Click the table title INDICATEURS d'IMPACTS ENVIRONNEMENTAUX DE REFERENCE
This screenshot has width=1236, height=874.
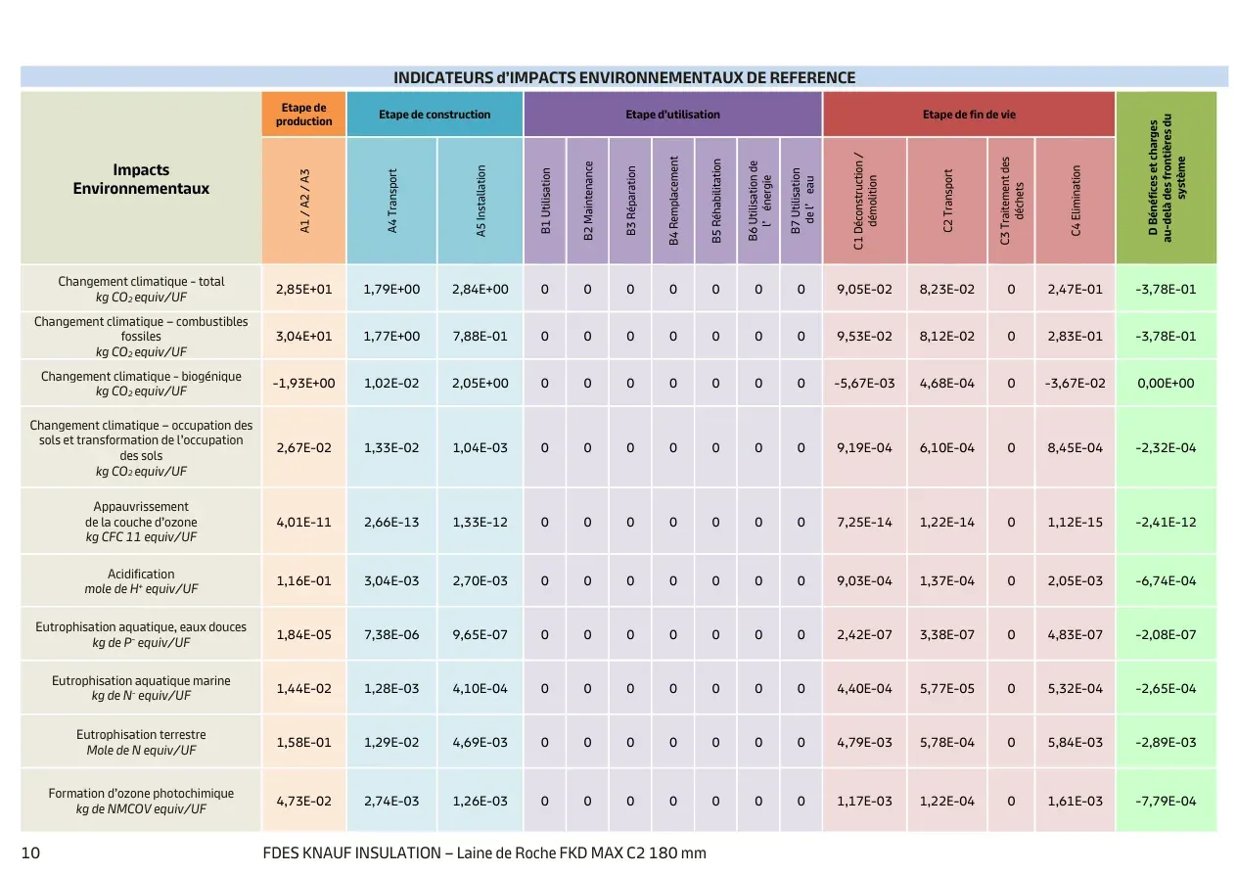624,77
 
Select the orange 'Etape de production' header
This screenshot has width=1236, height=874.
304,115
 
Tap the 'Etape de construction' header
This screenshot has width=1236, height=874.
435,115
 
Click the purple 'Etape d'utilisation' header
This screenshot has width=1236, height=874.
672,115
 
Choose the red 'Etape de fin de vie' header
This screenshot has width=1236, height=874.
969,115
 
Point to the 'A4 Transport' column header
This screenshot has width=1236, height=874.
391,201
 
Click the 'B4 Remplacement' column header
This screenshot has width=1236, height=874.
673,201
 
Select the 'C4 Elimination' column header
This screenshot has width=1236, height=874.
1076,201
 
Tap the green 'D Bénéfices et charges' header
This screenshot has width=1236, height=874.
1166,178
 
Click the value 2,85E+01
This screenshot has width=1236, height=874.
304,289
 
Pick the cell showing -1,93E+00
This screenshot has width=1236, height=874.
304,383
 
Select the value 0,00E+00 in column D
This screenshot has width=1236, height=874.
1166,383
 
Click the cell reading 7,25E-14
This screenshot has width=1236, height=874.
864,522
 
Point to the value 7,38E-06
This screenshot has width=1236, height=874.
391,634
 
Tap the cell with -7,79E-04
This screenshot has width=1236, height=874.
1166,801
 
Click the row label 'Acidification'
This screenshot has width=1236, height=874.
141,574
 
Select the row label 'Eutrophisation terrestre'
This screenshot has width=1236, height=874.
141,734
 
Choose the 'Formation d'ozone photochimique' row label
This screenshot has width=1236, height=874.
141,793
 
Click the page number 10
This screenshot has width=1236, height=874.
30,853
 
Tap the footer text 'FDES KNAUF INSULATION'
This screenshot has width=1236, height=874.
351,853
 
